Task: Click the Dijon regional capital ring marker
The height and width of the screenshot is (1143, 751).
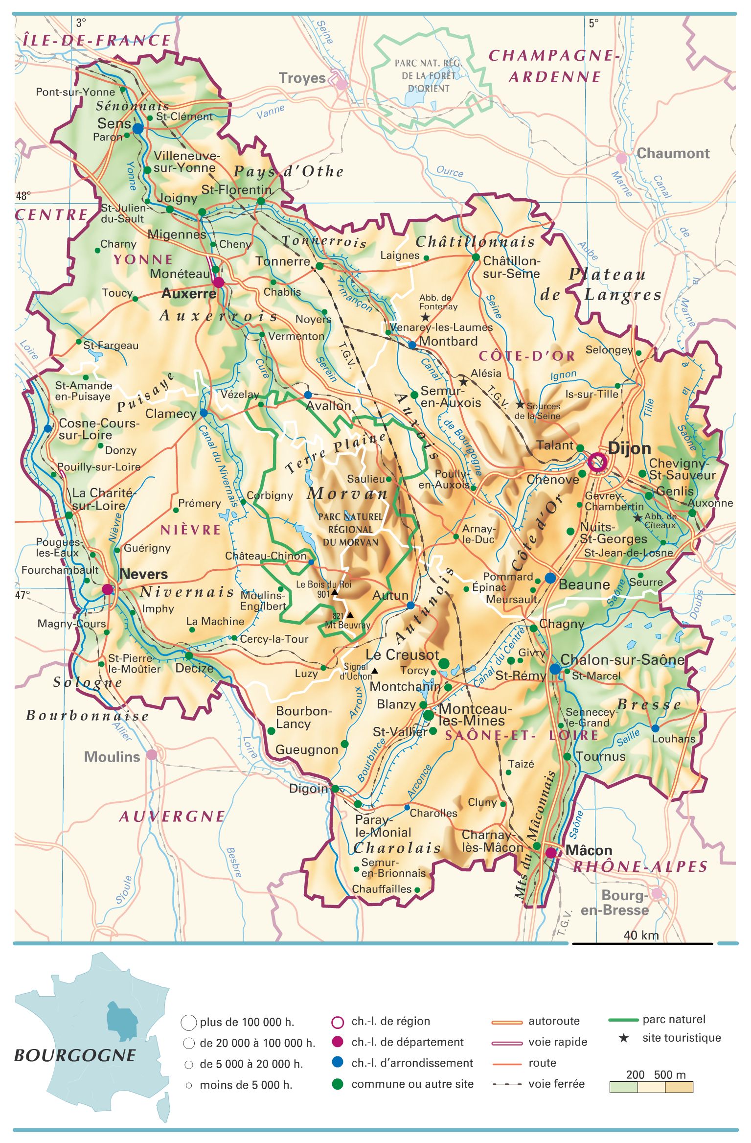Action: [597, 462]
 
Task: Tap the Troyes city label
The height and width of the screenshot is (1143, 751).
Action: [302, 78]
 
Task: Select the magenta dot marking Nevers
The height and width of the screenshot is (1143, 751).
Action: [107, 589]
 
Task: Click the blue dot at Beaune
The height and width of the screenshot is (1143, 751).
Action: [550, 578]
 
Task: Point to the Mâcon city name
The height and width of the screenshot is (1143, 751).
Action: [589, 850]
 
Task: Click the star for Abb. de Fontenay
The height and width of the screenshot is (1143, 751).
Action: [425, 318]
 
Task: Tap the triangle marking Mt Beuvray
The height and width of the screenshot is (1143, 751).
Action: [350, 615]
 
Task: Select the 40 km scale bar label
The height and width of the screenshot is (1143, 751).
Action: [641, 935]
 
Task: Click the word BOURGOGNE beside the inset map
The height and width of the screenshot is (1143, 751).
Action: [74, 1055]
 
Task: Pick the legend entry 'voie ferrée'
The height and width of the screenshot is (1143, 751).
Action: [556, 1084]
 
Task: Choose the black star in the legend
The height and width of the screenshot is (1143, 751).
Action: [623, 1038]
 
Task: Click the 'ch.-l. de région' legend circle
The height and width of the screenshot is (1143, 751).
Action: [338, 1022]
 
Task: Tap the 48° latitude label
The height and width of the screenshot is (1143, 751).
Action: [23, 196]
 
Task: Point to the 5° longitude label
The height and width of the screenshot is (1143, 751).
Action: [593, 23]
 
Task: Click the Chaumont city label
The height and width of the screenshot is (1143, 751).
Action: [673, 153]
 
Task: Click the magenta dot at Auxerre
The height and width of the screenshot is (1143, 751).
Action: [218, 282]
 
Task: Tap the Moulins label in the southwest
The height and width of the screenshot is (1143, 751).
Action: [112, 757]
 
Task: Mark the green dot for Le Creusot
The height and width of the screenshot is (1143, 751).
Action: [444, 663]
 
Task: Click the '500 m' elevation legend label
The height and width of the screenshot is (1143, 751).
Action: [670, 1074]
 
